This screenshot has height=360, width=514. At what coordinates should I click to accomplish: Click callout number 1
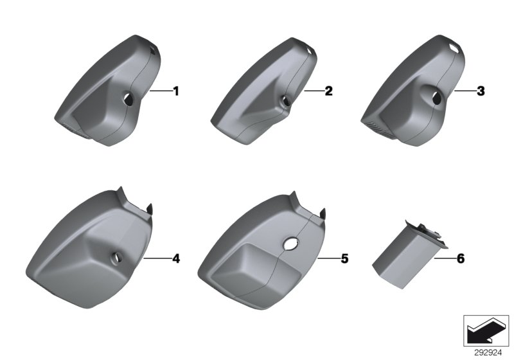[x=176, y=91]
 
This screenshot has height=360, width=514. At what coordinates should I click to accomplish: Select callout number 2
[x=328, y=91]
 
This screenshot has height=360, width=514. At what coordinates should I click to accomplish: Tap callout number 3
[x=481, y=91]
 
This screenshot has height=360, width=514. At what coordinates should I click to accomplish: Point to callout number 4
[x=176, y=258]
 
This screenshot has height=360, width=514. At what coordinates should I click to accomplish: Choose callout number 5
[x=344, y=258]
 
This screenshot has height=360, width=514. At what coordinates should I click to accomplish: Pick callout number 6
[x=461, y=258]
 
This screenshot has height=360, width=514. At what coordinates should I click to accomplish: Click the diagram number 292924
[x=488, y=353]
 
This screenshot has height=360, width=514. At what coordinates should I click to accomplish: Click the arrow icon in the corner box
[x=486, y=330]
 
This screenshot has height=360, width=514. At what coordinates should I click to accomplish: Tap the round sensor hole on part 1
[x=128, y=99]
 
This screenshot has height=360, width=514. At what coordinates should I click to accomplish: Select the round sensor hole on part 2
[x=285, y=101]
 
